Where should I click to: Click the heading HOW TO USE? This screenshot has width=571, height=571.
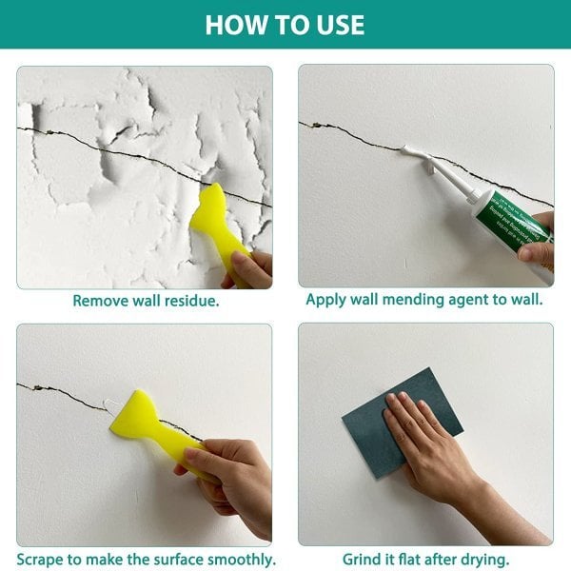(285, 24)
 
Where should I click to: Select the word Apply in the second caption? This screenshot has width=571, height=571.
(325, 300)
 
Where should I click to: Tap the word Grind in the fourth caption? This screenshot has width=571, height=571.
(362, 559)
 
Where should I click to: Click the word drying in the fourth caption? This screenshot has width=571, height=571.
(483, 559)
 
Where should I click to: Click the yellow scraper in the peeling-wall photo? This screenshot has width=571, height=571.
(217, 224)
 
